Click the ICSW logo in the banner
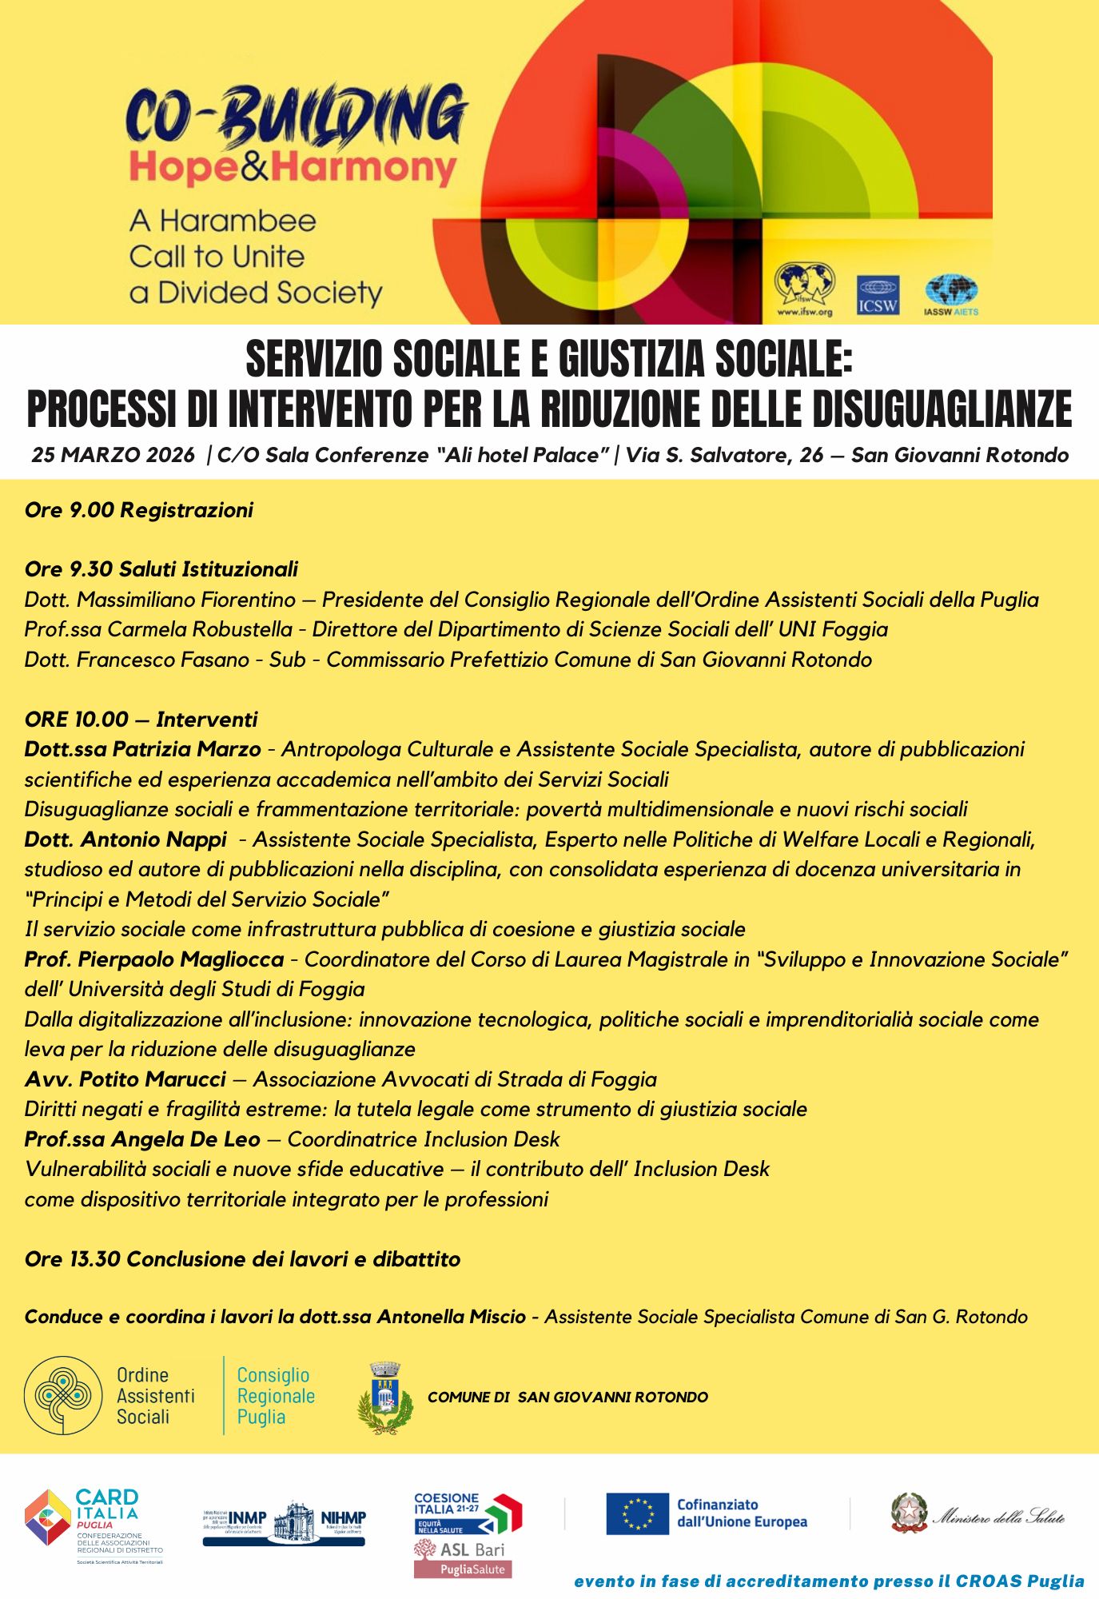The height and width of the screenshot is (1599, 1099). (878, 295)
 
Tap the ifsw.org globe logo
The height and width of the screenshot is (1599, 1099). (804, 285)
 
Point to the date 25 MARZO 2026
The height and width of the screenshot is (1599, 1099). (113, 455)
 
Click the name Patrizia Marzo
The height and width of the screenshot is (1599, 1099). (187, 749)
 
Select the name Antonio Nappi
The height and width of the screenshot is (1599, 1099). (154, 839)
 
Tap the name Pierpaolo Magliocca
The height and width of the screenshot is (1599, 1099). (181, 959)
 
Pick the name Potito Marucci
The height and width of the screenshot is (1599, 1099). (153, 1079)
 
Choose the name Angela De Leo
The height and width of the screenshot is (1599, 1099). (185, 1139)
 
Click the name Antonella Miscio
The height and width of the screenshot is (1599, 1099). (452, 1317)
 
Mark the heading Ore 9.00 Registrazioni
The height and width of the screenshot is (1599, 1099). (139, 510)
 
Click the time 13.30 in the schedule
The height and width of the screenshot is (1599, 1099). (95, 1259)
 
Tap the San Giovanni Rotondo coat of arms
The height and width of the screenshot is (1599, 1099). (385, 1398)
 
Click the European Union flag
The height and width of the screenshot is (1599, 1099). (637, 1513)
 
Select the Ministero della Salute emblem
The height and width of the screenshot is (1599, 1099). (910, 1513)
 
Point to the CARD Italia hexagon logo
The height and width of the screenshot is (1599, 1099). (48, 1517)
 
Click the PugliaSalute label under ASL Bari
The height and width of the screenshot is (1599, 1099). (463, 1569)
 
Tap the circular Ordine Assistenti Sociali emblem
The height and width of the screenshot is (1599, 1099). (63, 1395)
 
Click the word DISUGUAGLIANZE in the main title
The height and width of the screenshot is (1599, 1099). (943, 409)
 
